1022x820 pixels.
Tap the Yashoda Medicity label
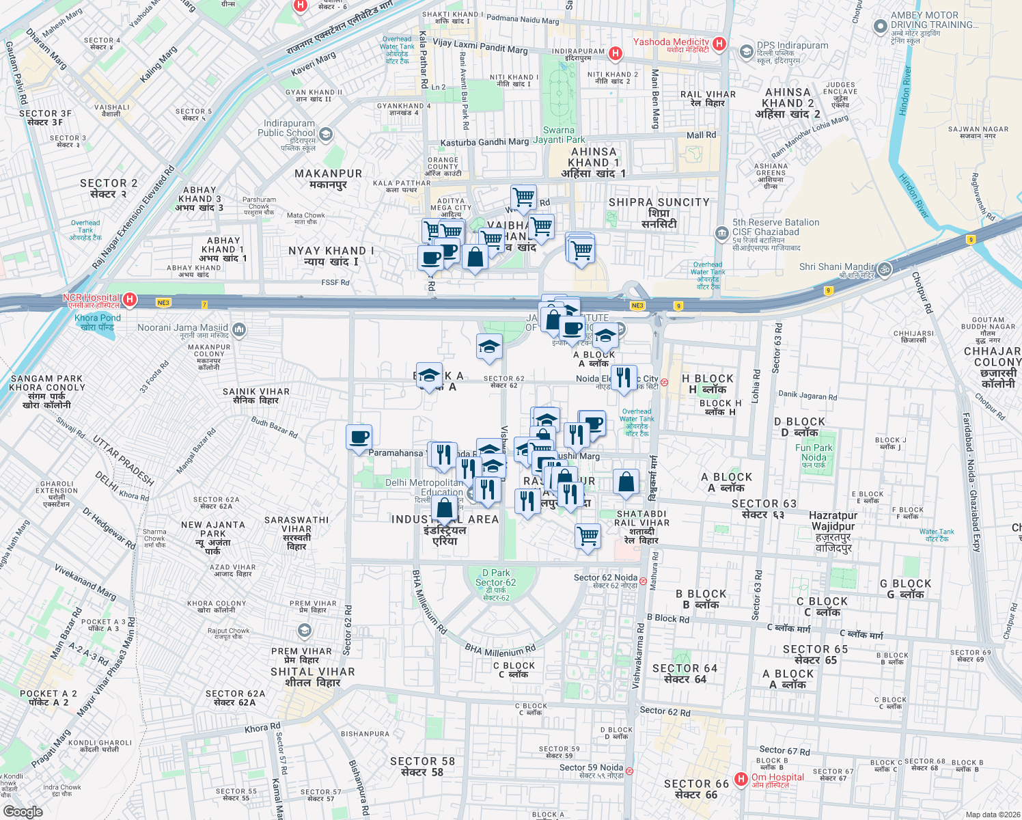[x=671, y=42]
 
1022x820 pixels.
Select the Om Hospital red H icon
[x=741, y=779]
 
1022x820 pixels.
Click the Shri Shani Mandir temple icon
[x=885, y=269]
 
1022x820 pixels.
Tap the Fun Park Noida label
[x=814, y=453]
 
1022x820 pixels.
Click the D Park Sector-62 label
[x=496, y=582]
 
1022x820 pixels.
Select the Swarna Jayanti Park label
[x=559, y=135]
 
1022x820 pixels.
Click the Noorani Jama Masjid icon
[x=239, y=330]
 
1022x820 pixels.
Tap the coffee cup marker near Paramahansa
[x=359, y=437]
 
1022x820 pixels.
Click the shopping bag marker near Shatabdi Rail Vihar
[x=626, y=482]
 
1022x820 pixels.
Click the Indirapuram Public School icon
[x=326, y=134]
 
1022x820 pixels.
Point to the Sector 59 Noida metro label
[x=592, y=767]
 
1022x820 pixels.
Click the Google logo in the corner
[x=23, y=812]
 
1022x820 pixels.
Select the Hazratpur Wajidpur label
[x=833, y=526]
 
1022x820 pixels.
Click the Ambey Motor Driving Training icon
[x=881, y=27]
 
